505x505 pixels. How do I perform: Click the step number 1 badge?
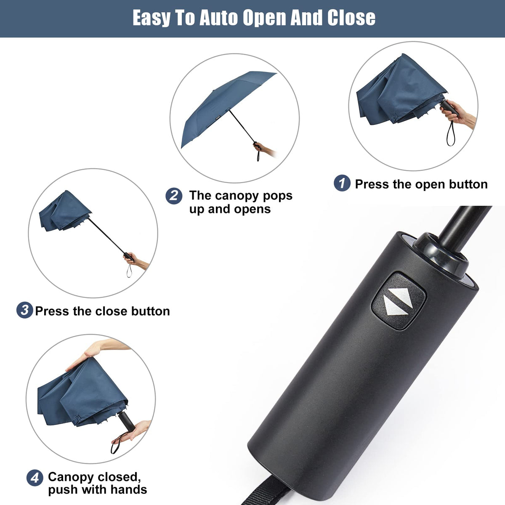[x=342, y=183]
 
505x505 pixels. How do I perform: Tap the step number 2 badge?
[x=174, y=196]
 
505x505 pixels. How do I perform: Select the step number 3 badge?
[x=24, y=311]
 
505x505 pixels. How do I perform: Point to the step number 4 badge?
[x=35, y=478]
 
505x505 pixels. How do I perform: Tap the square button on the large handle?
[x=399, y=300]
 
